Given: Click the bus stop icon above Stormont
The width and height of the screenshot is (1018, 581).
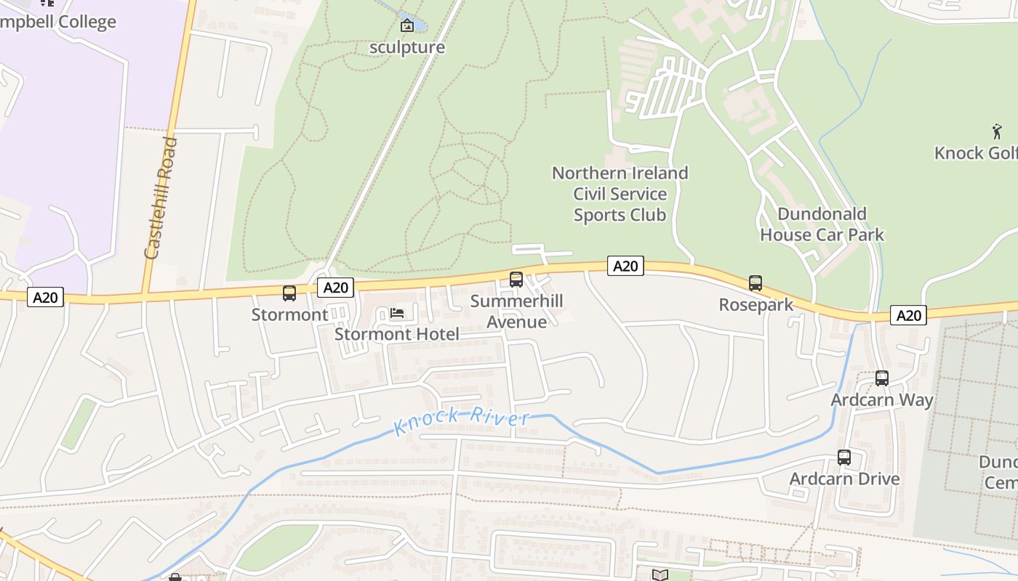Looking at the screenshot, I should pyautogui.click(x=289, y=293).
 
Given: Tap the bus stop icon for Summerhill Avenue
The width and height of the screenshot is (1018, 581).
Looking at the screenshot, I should pyautogui.click(x=516, y=279).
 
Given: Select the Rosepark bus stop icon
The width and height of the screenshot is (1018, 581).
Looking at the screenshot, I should pyautogui.click(x=756, y=283).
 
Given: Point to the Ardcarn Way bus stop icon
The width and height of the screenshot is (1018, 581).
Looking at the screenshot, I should pyautogui.click(x=882, y=378).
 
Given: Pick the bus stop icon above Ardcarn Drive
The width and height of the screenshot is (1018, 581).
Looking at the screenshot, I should pyautogui.click(x=844, y=458).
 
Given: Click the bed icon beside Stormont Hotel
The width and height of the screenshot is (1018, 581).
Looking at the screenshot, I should pyautogui.click(x=397, y=313).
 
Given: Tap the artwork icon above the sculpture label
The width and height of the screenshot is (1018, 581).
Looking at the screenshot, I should pyautogui.click(x=407, y=25).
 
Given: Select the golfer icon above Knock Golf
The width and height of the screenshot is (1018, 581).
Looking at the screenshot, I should pyautogui.click(x=997, y=131).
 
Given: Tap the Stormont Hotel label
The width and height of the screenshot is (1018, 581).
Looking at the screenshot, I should pyautogui.click(x=397, y=334).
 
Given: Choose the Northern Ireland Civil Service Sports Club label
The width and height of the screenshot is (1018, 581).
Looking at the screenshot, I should pyautogui.click(x=620, y=194).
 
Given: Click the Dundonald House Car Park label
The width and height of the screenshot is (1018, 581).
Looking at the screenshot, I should pyautogui.click(x=822, y=224).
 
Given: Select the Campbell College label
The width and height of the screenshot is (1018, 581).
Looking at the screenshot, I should pyautogui.click(x=58, y=22).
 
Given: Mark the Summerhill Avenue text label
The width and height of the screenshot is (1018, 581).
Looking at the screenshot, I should pyautogui.click(x=516, y=312).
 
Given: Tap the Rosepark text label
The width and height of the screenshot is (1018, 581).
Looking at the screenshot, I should pyautogui.click(x=756, y=305).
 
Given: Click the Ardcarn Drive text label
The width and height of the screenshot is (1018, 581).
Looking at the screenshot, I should pyautogui.click(x=845, y=479).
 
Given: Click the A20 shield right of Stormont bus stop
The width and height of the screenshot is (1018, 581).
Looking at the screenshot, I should pyautogui.click(x=336, y=288).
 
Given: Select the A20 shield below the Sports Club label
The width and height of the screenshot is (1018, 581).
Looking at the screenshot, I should pyautogui.click(x=625, y=266).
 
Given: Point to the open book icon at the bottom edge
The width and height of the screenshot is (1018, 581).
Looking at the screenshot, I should pyautogui.click(x=660, y=575).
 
